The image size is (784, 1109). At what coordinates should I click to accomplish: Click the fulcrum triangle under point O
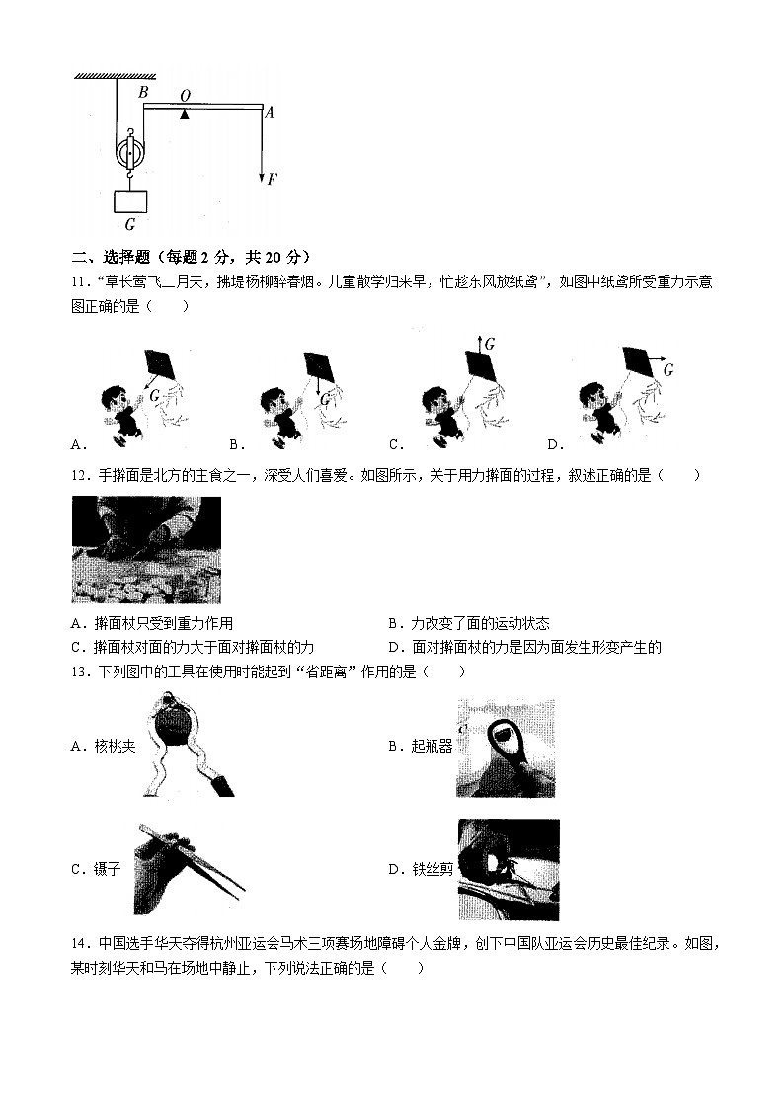coord(185,115)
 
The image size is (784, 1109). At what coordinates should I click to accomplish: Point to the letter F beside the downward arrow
coord(273,179)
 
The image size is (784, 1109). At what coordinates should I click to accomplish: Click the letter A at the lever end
coord(270,112)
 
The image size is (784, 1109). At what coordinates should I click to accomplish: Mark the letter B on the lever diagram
coord(143,92)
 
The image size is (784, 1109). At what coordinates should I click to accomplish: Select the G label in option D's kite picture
coord(668,370)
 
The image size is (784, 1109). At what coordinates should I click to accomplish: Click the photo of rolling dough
coord(146,549)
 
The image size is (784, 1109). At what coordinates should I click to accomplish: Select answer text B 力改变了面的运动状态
coord(469,623)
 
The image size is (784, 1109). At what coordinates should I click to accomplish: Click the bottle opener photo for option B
coord(505,748)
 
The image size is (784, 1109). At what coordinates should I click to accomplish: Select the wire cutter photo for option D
coord(508,869)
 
